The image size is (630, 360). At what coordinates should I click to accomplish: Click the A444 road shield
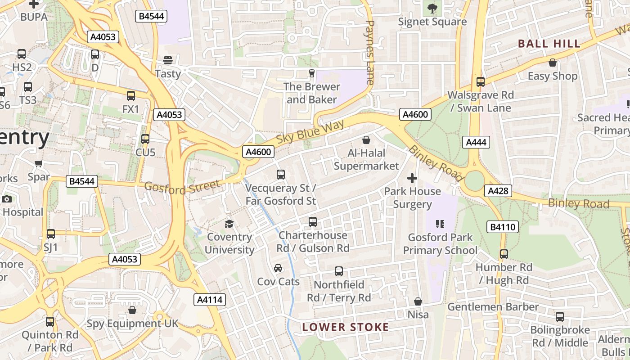(x=476, y=142)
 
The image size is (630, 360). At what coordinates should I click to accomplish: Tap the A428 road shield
(x=499, y=191)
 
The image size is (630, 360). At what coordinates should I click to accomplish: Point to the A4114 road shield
(x=210, y=300)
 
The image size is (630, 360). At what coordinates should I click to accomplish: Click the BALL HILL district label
(x=549, y=44)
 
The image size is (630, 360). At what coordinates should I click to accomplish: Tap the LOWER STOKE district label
(x=345, y=327)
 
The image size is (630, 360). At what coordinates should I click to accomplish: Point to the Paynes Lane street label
(x=370, y=52)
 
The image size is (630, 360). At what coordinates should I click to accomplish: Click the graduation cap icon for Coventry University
(x=229, y=224)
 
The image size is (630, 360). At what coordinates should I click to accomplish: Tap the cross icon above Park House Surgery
(x=412, y=178)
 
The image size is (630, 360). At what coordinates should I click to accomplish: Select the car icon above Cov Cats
(x=278, y=269)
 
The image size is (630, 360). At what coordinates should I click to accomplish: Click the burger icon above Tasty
(x=168, y=60)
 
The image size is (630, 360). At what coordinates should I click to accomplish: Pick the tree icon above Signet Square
(x=432, y=8)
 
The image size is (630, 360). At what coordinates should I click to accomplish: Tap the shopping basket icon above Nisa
(x=418, y=301)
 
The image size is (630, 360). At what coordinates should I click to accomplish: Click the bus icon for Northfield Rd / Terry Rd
(x=339, y=271)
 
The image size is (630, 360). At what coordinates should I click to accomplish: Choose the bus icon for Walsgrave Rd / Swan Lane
(x=481, y=82)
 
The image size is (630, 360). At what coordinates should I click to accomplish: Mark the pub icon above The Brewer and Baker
(x=311, y=73)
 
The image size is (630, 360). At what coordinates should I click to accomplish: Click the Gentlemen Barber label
(x=493, y=307)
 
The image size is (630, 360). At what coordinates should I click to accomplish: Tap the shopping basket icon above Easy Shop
(x=552, y=63)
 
